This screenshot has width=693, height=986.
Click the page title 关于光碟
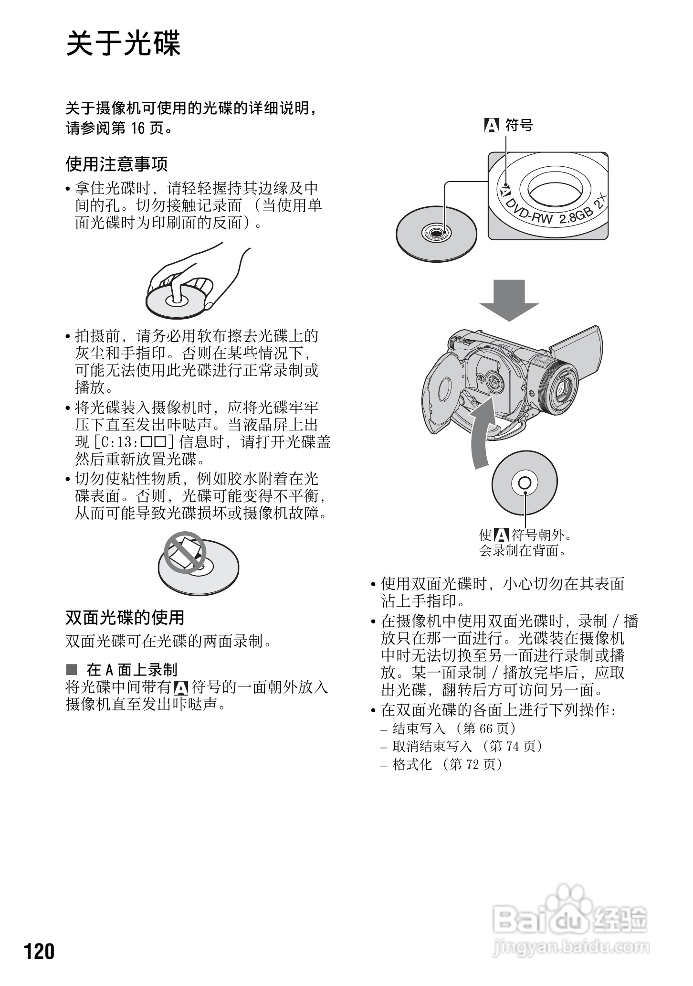tap(123, 43)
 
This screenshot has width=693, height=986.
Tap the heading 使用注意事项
tap(116, 164)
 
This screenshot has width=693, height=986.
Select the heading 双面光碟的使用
tap(125, 617)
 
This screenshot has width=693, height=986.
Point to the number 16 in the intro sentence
tap(137, 128)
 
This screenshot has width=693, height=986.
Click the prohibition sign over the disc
tap(185, 553)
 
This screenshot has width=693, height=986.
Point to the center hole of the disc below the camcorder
tap(524, 483)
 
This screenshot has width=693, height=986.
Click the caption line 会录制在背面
tap(523, 550)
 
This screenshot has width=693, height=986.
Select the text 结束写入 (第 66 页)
tap(454, 729)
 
